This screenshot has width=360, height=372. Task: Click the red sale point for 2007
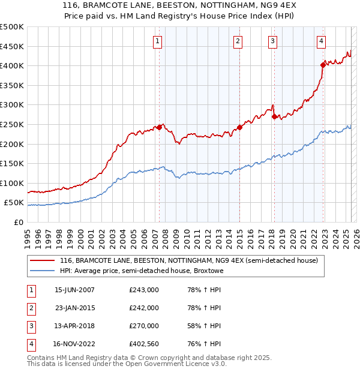click(160, 127)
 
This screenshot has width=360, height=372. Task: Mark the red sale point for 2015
click(239, 127)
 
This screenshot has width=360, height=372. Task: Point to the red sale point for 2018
click(274, 116)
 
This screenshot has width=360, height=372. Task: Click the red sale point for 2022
click(323, 64)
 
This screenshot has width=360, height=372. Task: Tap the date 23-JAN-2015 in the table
click(74, 308)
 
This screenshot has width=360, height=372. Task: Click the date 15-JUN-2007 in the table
click(74, 290)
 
